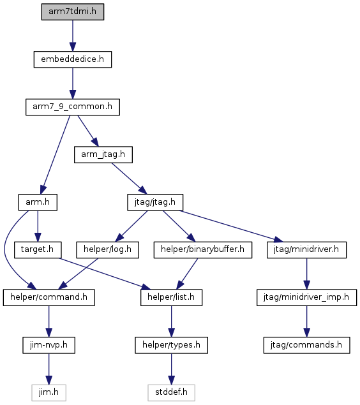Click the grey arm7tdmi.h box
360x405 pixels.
[73, 12]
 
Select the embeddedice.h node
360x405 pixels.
[73, 59]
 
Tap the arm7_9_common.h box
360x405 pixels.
[73, 107]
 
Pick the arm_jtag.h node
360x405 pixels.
[103, 155]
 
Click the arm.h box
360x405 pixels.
[38, 202]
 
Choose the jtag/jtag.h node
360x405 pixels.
[155, 202]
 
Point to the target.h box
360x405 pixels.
[38, 250]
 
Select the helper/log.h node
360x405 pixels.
[107, 250]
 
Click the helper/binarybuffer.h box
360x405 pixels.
[203, 250]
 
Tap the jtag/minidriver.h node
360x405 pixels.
[307, 250]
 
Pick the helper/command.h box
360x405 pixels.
[49, 298]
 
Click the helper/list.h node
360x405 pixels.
[171, 298]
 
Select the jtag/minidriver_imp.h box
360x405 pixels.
[307, 298]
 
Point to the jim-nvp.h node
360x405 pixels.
[49, 345]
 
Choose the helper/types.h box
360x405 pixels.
[171, 345]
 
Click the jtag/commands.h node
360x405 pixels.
[307, 345]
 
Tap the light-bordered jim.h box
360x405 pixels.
[49, 393]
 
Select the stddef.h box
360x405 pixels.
[171, 393]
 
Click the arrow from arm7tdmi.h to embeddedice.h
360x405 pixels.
[73, 36]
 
